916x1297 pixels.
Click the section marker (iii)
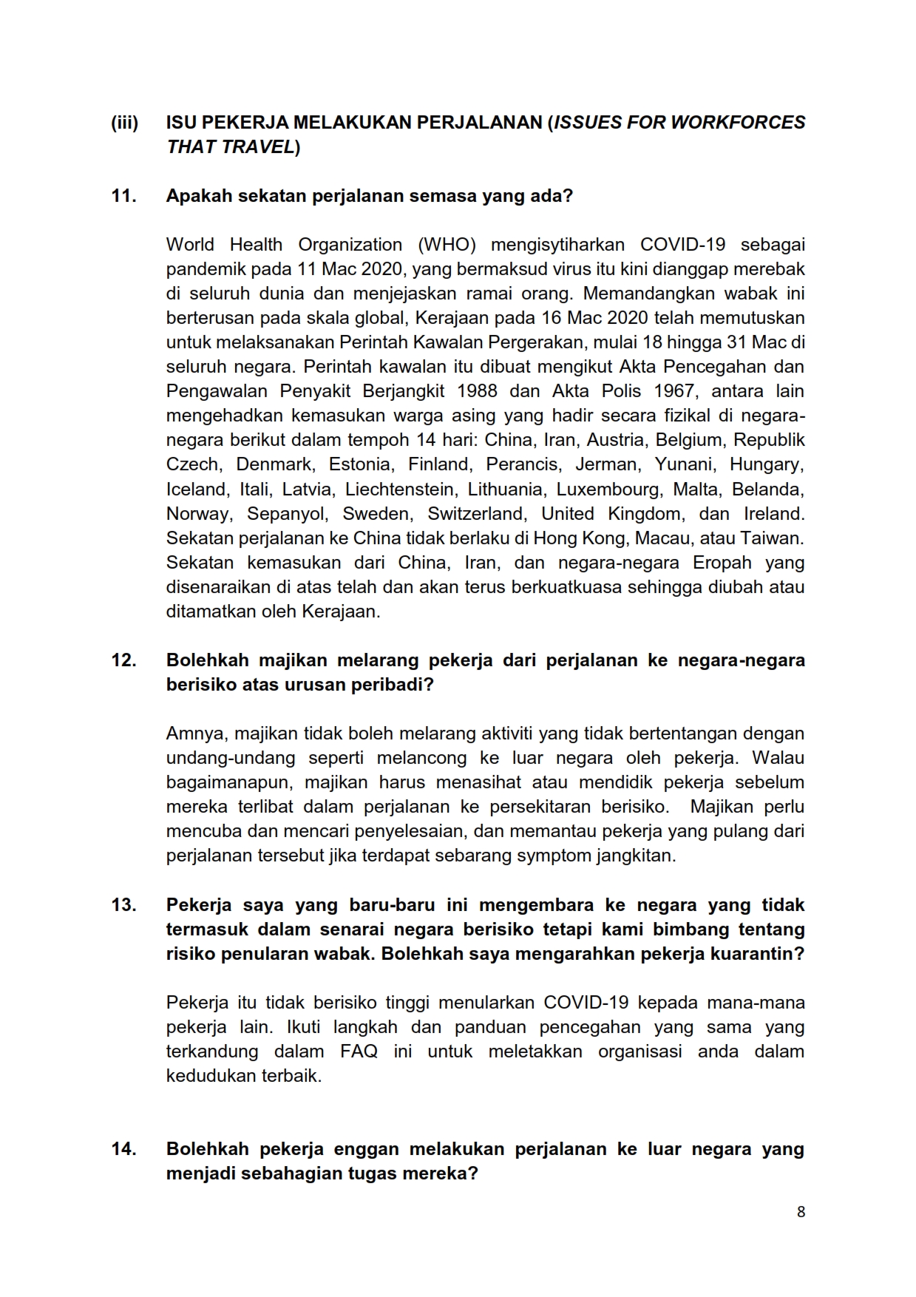[x=124, y=123]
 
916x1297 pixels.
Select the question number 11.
[x=123, y=196]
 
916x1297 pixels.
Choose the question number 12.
[x=123, y=660]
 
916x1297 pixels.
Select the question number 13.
[x=123, y=905]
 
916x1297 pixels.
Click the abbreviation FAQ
[x=359, y=1052]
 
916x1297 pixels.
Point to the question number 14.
[x=123, y=1149]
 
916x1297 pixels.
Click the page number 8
[x=801, y=1212]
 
